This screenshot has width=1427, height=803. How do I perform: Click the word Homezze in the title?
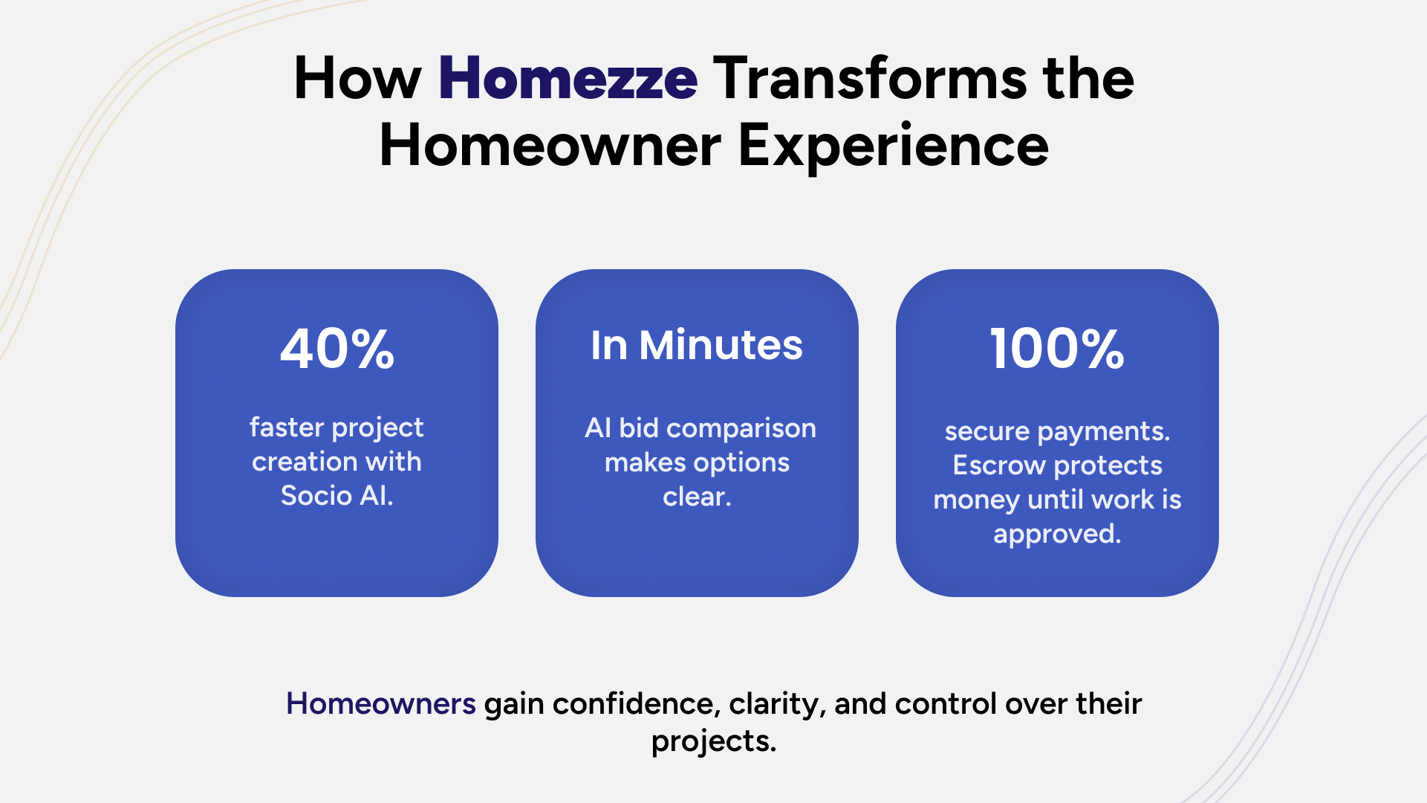click(568, 78)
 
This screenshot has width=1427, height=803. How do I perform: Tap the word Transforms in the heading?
click(870, 78)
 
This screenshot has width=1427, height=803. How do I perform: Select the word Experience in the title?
click(893, 146)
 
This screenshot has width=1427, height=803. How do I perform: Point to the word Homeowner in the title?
click(550, 146)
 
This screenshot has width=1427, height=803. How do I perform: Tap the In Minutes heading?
click(697, 345)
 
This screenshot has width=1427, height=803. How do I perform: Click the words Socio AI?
click(337, 495)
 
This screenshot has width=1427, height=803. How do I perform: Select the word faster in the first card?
click(287, 428)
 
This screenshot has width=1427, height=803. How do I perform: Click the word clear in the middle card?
click(695, 497)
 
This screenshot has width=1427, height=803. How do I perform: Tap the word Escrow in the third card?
click(999, 465)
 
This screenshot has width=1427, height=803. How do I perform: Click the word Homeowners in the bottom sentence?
click(380, 703)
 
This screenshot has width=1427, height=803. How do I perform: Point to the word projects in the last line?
click(712, 741)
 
